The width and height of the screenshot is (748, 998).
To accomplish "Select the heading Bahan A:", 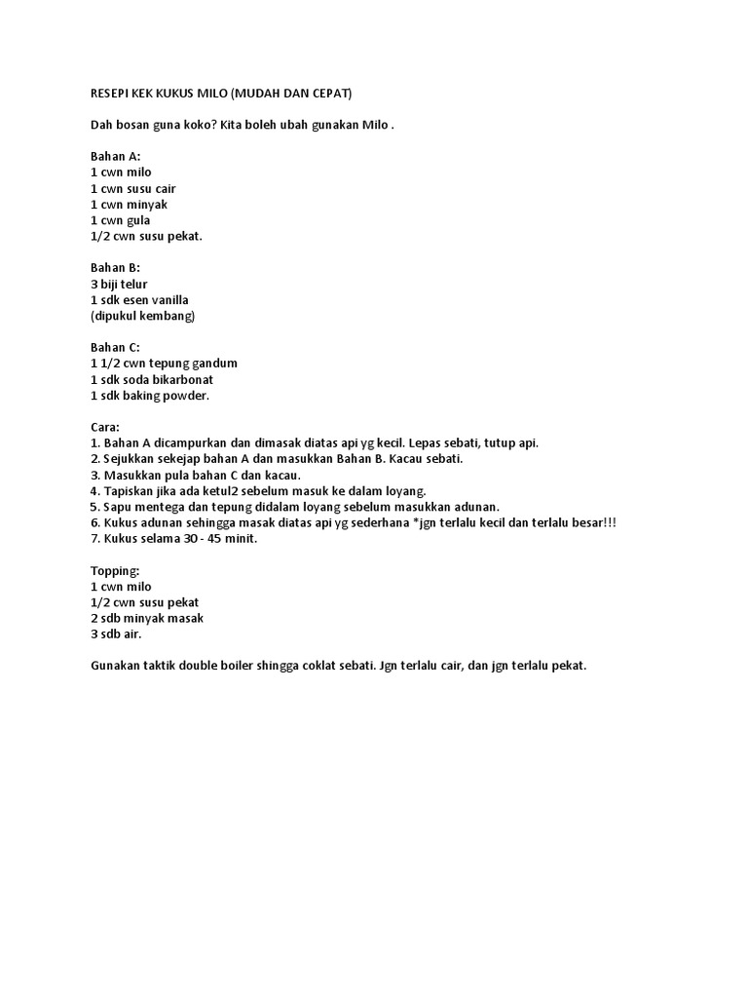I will [x=115, y=157].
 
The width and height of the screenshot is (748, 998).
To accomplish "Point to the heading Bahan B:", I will [x=115, y=268].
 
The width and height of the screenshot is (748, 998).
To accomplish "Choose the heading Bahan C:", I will [x=115, y=347].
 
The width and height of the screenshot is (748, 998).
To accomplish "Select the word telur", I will [x=132, y=284].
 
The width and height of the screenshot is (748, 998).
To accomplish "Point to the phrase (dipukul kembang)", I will [x=142, y=316].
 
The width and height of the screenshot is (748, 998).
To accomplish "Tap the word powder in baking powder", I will [x=185, y=395].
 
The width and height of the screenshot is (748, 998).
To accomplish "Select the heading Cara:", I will [x=105, y=427].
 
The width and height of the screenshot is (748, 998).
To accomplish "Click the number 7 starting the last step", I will [x=93, y=538].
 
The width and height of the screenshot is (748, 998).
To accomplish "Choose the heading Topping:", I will [x=115, y=570].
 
